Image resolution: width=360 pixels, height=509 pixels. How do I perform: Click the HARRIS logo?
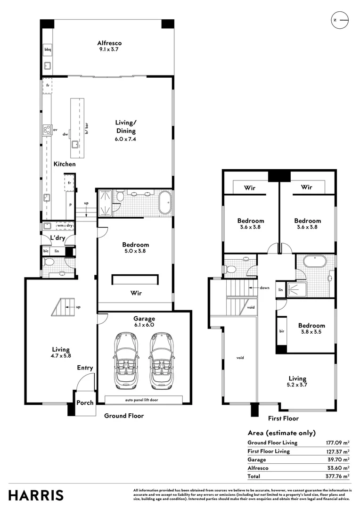[36, 495]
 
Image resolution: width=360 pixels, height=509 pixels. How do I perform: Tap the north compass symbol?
[340, 20]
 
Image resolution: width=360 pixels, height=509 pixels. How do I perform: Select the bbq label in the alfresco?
[48, 49]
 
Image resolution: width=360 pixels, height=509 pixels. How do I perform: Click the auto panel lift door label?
[143, 400]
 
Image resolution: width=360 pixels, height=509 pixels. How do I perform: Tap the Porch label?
[85, 403]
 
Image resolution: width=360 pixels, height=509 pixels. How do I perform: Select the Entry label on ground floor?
[85, 368]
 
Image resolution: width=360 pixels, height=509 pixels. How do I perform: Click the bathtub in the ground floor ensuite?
[165, 203]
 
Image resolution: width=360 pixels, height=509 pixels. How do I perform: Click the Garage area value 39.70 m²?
[339, 460]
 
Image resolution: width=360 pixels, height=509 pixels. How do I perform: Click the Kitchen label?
[65, 164]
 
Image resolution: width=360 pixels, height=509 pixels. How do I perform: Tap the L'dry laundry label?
[57, 238]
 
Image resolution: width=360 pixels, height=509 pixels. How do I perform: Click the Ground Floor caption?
[124, 416]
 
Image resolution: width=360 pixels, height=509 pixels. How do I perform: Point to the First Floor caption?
[283, 418]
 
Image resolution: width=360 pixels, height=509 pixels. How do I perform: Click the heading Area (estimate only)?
[282, 433]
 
